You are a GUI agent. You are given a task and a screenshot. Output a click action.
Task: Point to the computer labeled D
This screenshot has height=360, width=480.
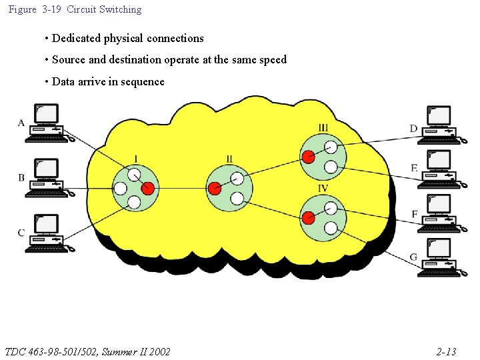(440, 125)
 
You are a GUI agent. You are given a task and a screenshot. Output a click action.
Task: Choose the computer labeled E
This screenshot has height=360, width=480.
(440, 169)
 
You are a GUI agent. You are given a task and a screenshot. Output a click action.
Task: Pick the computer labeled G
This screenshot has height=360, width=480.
(440, 257)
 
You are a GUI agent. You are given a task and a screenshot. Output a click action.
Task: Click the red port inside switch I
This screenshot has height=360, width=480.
(148, 189)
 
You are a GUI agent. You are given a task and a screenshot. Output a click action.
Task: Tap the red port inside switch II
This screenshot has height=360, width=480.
(214, 189)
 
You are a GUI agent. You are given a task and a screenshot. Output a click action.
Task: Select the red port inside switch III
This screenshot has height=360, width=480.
(307, 157)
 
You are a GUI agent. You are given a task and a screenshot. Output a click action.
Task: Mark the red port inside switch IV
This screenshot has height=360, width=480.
(308, 218)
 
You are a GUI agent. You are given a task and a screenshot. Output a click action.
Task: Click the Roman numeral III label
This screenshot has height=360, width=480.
(323, 128)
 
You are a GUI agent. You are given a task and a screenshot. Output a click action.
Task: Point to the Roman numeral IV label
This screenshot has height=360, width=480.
(323, 189)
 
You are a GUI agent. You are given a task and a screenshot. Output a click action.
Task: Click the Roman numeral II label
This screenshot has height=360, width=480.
(229, 159)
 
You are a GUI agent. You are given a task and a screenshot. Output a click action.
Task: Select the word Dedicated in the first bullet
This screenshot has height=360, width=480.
(76, 39)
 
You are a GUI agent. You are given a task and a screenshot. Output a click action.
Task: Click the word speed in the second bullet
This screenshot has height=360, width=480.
(272, 60)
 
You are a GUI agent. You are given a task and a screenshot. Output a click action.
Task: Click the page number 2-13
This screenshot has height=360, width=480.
(446, 351)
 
